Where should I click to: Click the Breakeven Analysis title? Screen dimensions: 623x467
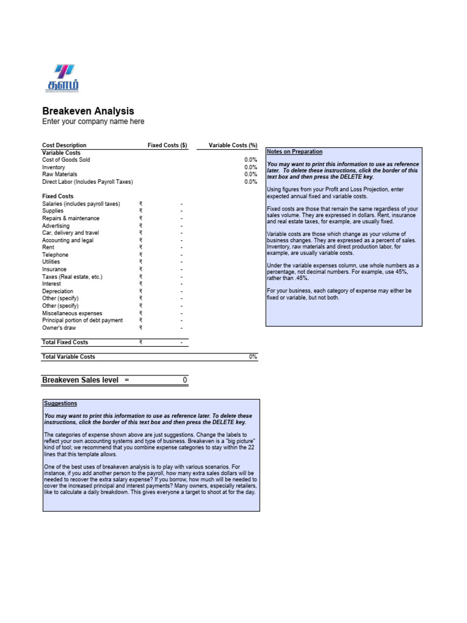[88, 111]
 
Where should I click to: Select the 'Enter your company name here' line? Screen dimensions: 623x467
[93, 122]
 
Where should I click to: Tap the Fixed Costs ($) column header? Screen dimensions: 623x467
[167, 145]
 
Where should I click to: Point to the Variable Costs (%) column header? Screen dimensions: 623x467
[233, 145]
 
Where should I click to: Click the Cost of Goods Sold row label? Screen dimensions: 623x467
[66, 160]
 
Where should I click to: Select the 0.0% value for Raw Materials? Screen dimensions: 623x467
[251, 175]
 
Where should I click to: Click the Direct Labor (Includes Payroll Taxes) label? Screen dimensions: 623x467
[87, 182]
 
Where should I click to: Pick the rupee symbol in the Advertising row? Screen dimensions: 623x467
[140, 226]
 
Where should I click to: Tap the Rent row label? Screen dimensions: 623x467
[48, 248]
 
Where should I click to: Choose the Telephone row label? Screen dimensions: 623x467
[55, 255]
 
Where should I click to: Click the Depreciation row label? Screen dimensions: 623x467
[57, 291]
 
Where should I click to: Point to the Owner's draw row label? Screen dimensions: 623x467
[59, 328]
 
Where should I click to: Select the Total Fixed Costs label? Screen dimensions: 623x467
[65, 343]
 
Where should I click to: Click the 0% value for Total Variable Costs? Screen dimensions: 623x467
[252, 357]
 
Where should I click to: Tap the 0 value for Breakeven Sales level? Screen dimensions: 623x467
[185, 380]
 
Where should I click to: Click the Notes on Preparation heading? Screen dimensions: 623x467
[295, 152]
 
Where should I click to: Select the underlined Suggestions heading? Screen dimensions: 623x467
[61, 403]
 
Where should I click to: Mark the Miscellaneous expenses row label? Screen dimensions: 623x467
[72, 313]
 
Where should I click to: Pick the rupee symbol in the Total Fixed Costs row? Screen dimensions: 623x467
[140, 343]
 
